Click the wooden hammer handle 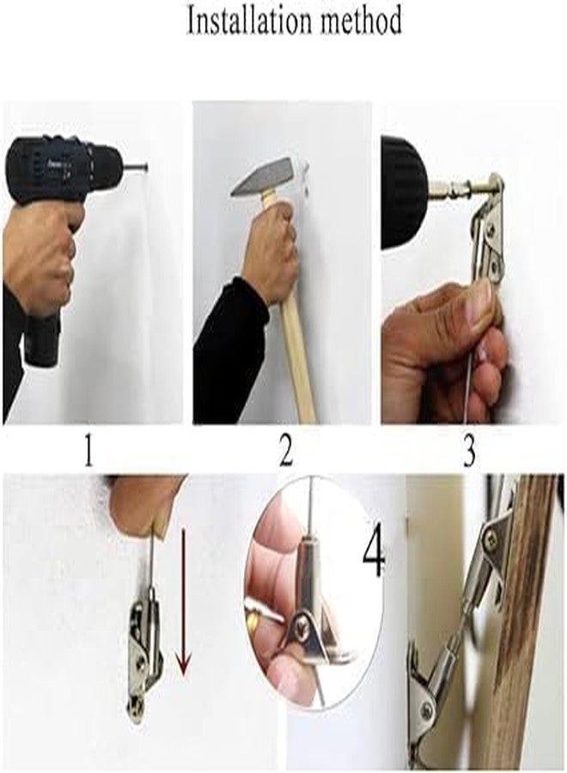pyautogui.click(x=292, y=315)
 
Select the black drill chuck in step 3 pyautogui.click(x=405, y=193)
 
